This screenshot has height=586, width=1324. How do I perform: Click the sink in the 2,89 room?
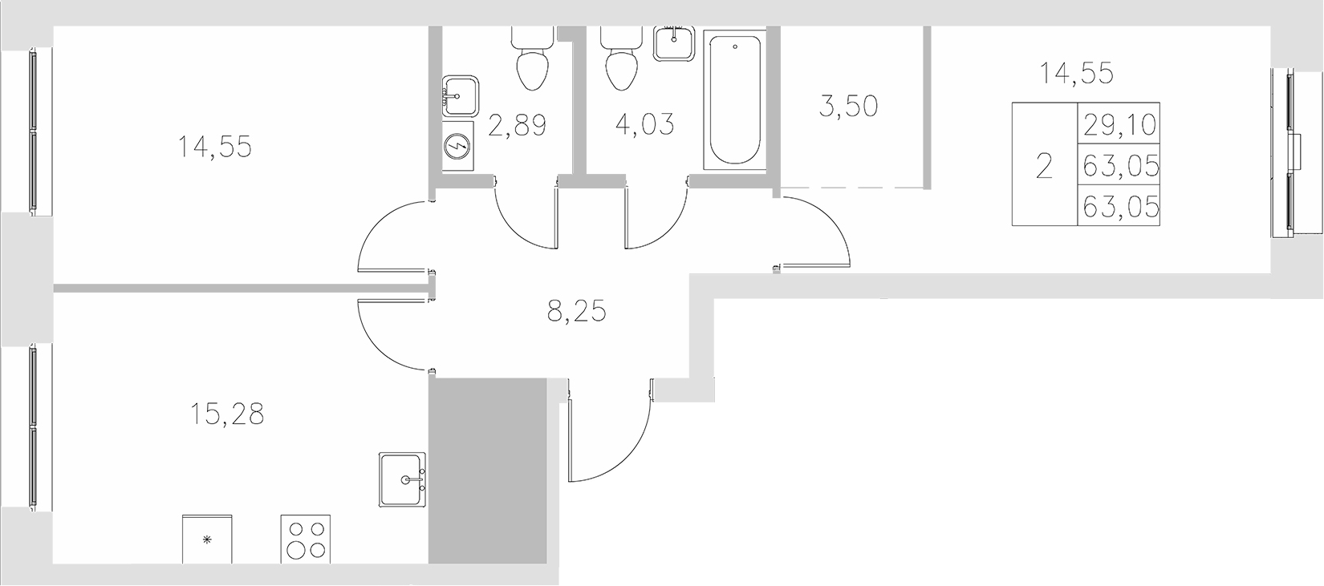click(x=461, y=98)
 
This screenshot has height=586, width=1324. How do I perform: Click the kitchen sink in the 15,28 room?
click(x=403, y=479)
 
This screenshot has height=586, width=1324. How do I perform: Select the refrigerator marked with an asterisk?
click(x=209, y=540)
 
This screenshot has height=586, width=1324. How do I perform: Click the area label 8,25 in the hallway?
click(x=576, y=310)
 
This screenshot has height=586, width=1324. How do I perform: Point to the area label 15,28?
click(x=228, y=415)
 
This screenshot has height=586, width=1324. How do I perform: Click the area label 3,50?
click(x=848, y=105)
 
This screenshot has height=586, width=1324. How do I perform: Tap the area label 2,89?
click(x=518, y=126)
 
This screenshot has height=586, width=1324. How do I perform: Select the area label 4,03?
click(x=644, y=125)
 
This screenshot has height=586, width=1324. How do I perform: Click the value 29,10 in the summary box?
click(x=1120, y=124)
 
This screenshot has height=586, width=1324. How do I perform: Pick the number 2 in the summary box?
click(x=1044, y=168)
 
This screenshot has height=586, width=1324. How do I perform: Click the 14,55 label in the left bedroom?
click(x=215, y=147)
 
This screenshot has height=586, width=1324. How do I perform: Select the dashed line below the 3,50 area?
click(x=855, y=187)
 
